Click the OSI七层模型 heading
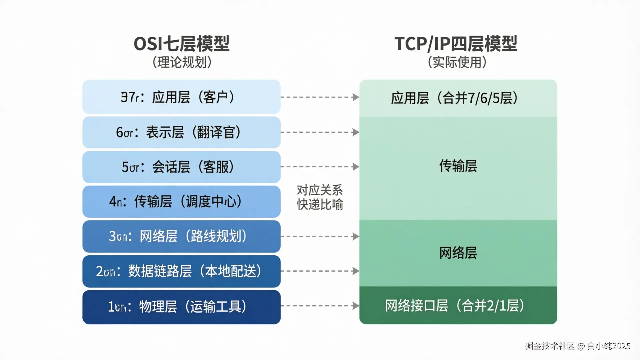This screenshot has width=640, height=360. coord(181,44)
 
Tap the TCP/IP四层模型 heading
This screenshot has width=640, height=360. coord(456,44)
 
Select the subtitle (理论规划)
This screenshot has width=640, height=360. coord(182,62)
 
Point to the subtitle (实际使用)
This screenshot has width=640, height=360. coord(457,62)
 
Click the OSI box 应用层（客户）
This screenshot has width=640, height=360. coord(181,97)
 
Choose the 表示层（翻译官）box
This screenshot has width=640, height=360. coord(181,132)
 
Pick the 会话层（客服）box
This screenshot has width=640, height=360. coord(181,167)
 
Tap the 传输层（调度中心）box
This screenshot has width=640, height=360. coord(181,202)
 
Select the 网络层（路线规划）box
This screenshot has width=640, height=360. coord(181,236)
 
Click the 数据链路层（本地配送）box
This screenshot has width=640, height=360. coord(181,271)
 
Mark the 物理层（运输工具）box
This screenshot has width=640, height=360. coord(181,307)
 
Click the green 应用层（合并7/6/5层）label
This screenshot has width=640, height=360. coord(455,98)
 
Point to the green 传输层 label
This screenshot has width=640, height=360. coord(458,166)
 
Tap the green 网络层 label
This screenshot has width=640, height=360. coord(458,253)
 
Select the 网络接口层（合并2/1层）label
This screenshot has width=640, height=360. coord(455,306)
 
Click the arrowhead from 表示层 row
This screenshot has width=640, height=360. coord(356,132)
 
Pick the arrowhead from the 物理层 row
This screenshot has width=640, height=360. coord(356,306)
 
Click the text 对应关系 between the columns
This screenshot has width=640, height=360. coord(320,190)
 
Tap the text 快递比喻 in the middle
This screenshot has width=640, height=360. coord(320,204)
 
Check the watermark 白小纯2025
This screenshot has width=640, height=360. coord(609,346)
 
